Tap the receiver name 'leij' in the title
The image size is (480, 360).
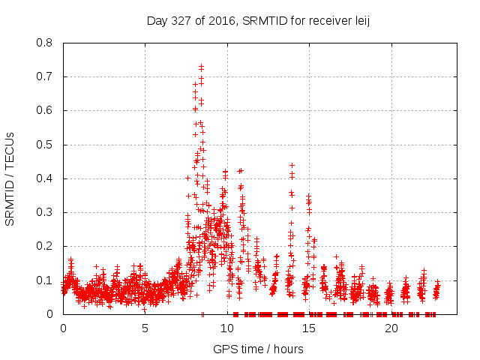click(362, 21)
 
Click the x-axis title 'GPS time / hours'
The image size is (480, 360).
click(258, 349)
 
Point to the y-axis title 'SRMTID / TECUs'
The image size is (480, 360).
click(10, 178)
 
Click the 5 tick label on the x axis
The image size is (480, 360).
click(145, 328)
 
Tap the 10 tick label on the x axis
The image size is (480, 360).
click(227, 328)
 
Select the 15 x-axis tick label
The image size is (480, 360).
click(309, 328)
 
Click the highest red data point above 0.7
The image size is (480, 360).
click(201, 66)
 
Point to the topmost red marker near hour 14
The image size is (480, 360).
click(292, 165)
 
